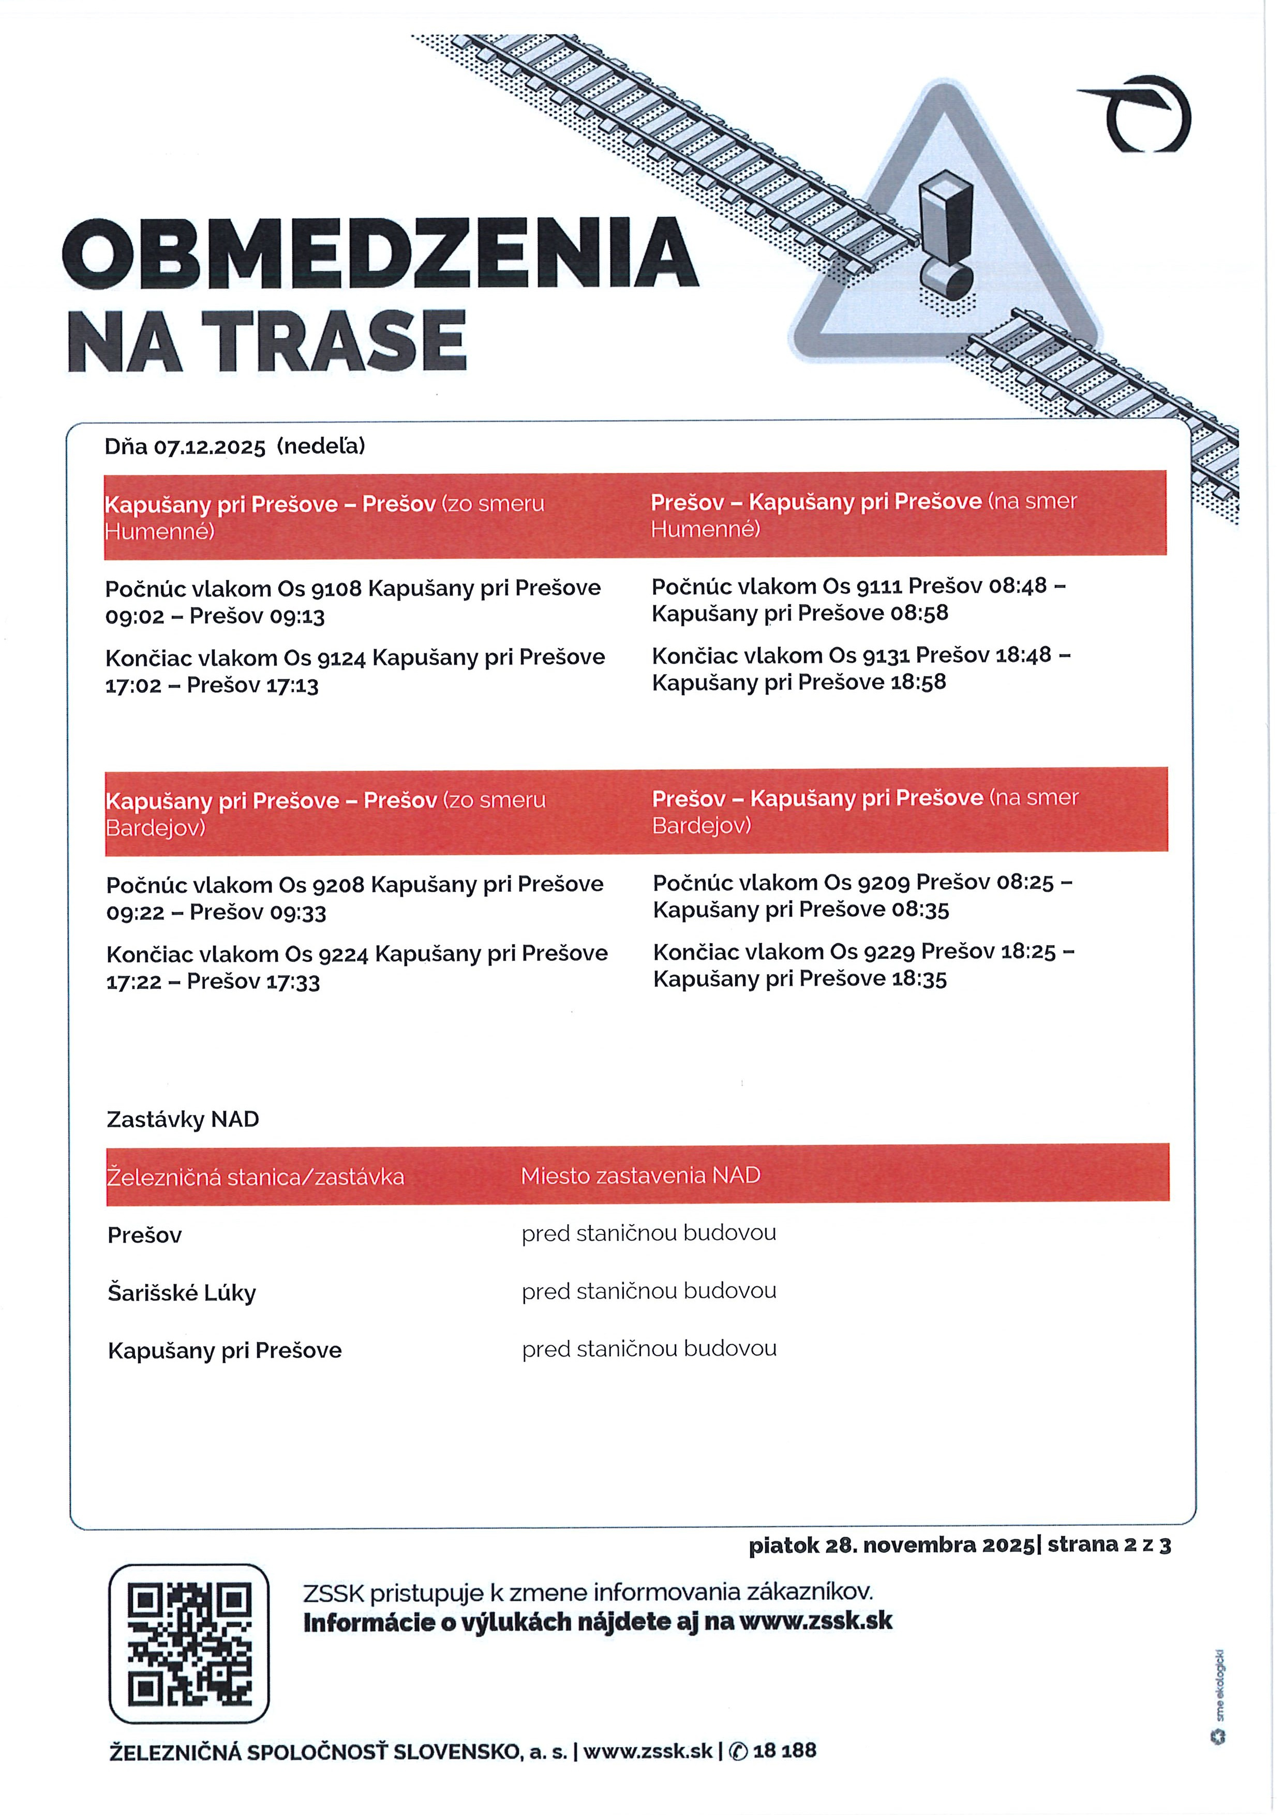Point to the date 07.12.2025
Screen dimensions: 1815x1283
click(210, 448)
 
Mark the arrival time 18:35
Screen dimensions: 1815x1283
click(919, 979)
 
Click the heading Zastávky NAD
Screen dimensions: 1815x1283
click(183, 1119)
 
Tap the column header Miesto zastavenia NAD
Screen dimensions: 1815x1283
click(640, 1176)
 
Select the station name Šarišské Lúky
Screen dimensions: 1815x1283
click(182, 1293)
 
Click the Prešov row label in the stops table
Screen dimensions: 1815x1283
click(145, 1236)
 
